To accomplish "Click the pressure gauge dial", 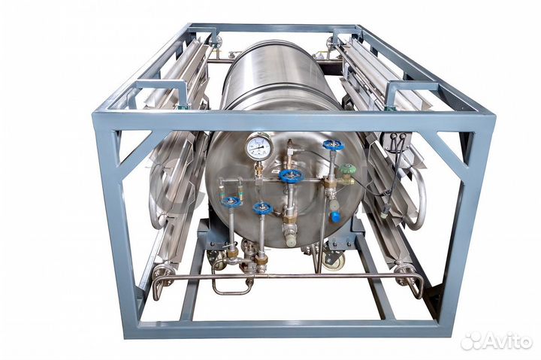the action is coord(258,147).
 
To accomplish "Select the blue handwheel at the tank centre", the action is coord(291,176).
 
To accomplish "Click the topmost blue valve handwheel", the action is coord(334,145).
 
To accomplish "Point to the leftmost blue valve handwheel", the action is coord(231,201).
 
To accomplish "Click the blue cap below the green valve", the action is coord(335,216).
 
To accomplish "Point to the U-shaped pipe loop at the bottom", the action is coord(229,283).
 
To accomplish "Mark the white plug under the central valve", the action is coord(291,239).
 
